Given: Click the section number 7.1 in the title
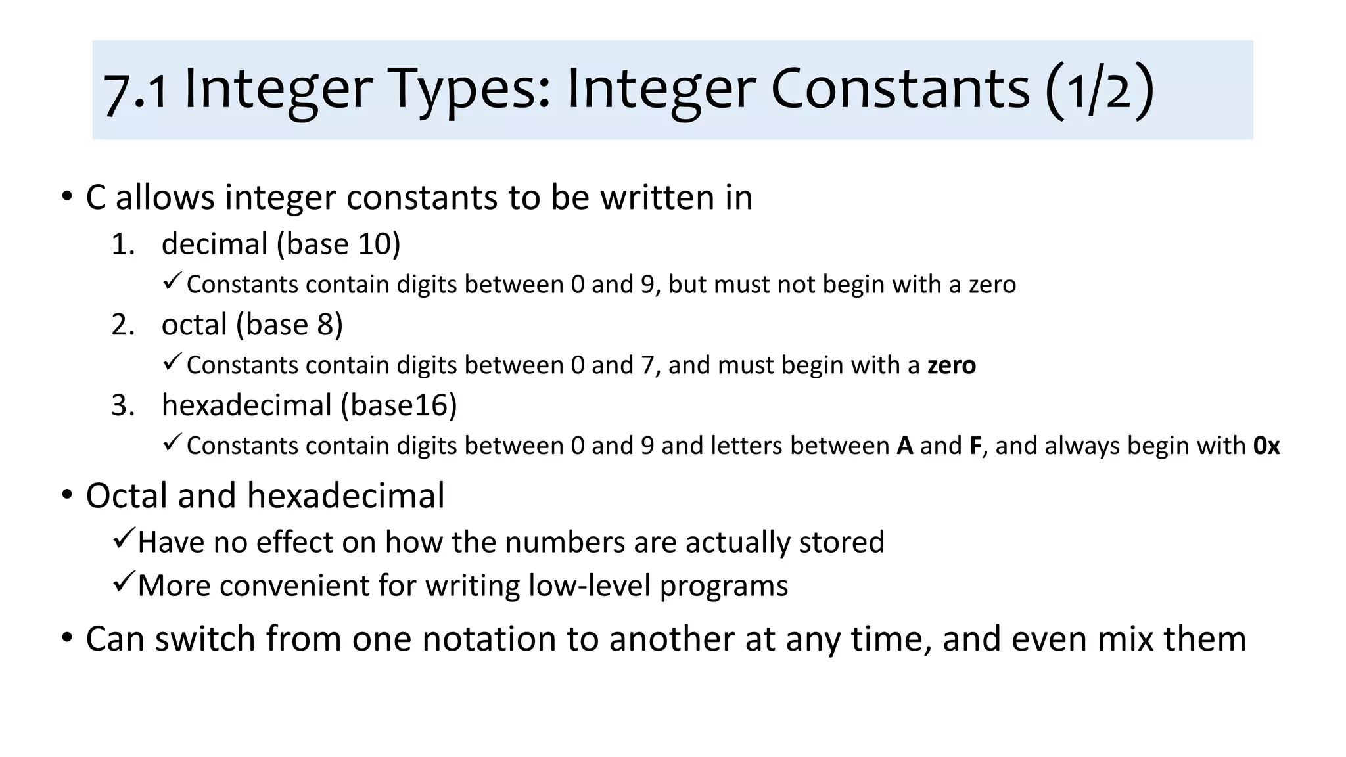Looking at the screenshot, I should tap(135, 92).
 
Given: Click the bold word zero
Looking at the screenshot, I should tap(951, 365).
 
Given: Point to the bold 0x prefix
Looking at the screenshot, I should tap(1266, 446).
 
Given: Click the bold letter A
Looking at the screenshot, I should tap(905, 446).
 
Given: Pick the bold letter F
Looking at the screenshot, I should tap(975, 446).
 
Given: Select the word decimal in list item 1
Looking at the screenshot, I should tap(214, 244).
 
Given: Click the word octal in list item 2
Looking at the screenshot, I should tap(194, 325).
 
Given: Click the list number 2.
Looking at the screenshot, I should tap(122, 325).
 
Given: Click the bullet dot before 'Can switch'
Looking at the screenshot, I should tap(67, 639).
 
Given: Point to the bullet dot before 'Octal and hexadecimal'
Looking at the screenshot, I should tap(67, 496).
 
